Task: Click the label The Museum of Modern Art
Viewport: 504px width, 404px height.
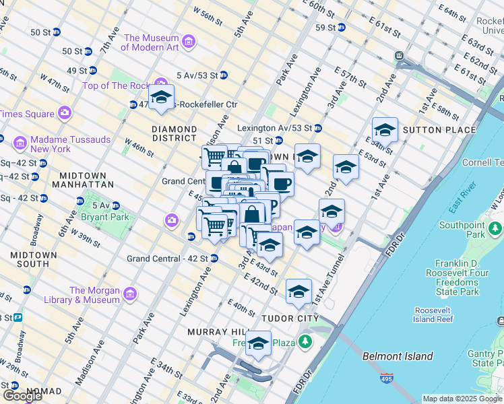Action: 151,42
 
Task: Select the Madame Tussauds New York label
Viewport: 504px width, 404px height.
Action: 41,143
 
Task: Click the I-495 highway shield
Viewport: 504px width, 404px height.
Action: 386,378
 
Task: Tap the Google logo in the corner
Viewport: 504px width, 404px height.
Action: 22,396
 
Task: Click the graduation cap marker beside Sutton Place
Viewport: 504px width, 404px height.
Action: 385,129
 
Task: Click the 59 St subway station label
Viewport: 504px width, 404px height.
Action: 326,27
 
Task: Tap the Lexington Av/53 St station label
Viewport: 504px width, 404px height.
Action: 274,128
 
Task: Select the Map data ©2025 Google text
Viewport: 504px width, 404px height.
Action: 462,399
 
